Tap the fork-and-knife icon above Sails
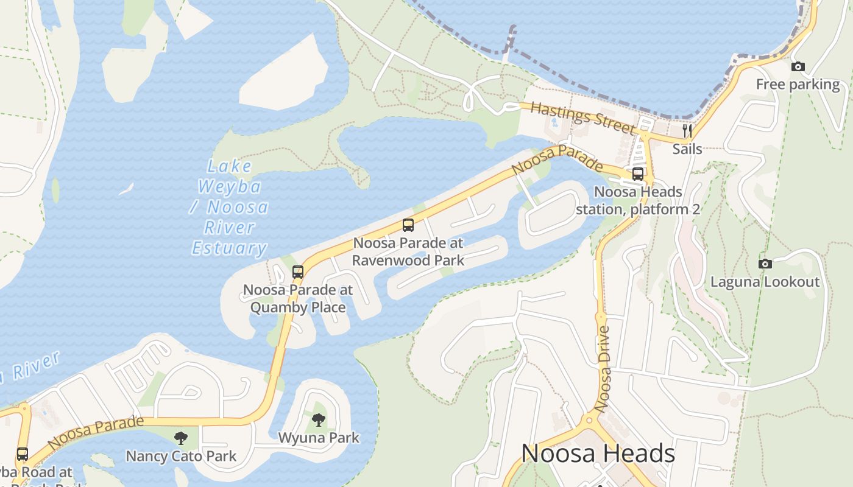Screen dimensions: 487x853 [x=687, y=131]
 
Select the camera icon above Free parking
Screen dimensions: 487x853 [x=798, y=66]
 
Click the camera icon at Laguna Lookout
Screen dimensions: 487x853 [x=765, y=264]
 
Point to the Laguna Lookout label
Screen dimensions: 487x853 [x=765, y=282]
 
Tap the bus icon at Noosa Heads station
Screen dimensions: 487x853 [x=638, y=174]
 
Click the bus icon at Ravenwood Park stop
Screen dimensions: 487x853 [x=408, y=225]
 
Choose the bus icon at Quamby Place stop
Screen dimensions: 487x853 [x=298, y=272]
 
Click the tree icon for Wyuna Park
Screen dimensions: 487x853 [x=318, y=419]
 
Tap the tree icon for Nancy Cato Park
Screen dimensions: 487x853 [x=180, y=438]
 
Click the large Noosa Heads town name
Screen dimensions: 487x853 [x=598, y=454]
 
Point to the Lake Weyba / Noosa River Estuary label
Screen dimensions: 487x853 [x=229, y=207]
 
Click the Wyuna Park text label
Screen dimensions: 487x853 [x=319, y=438]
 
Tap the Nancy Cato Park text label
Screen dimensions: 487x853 [x=181, y=456]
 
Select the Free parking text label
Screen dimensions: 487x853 [x=798, y=85]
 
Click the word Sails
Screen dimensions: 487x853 [x=687, y=149]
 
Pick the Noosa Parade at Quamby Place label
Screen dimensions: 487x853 [x=298, y=298]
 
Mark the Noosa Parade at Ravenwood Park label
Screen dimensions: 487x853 [x=408, y=251]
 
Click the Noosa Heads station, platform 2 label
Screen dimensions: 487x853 [x=638, y=200]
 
